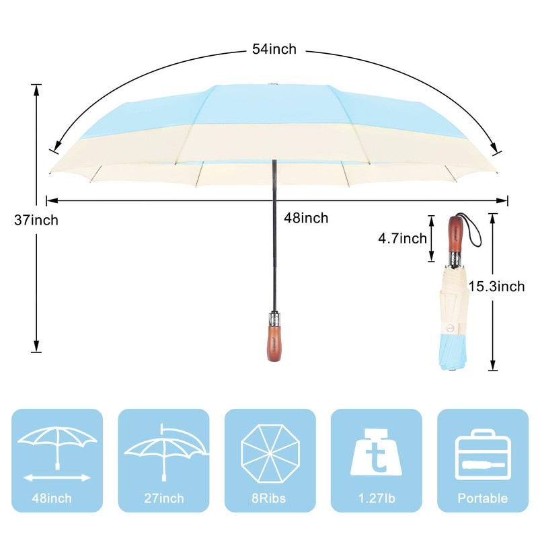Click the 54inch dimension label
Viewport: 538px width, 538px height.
pos(274,49)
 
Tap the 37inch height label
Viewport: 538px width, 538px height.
pos(36,220)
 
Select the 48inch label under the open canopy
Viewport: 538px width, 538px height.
pos(305,218)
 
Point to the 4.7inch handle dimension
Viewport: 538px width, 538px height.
pos(401,238)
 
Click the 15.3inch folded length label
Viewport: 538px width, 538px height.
pos(496,286)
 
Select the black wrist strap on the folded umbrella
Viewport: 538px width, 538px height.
pos(475,233)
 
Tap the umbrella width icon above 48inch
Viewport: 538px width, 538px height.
pos(57,452)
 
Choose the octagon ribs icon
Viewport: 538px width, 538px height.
pos(270,453)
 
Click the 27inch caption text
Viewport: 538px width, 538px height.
pos(163,498)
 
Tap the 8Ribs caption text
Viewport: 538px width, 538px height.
pos(270,498)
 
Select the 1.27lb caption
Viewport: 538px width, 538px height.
pos(376,498)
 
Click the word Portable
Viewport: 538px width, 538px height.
pos(482,498)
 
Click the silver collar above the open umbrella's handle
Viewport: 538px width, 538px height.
pos(274,319)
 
